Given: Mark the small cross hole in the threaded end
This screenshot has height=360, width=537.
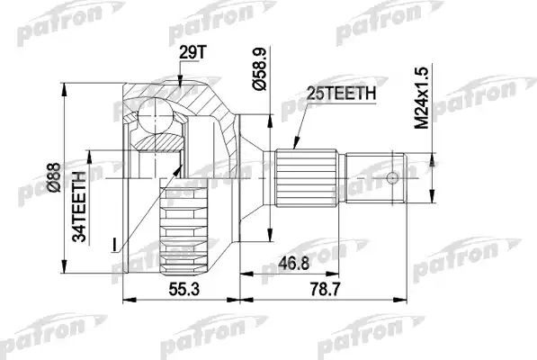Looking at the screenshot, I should (x=394, y=177).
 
